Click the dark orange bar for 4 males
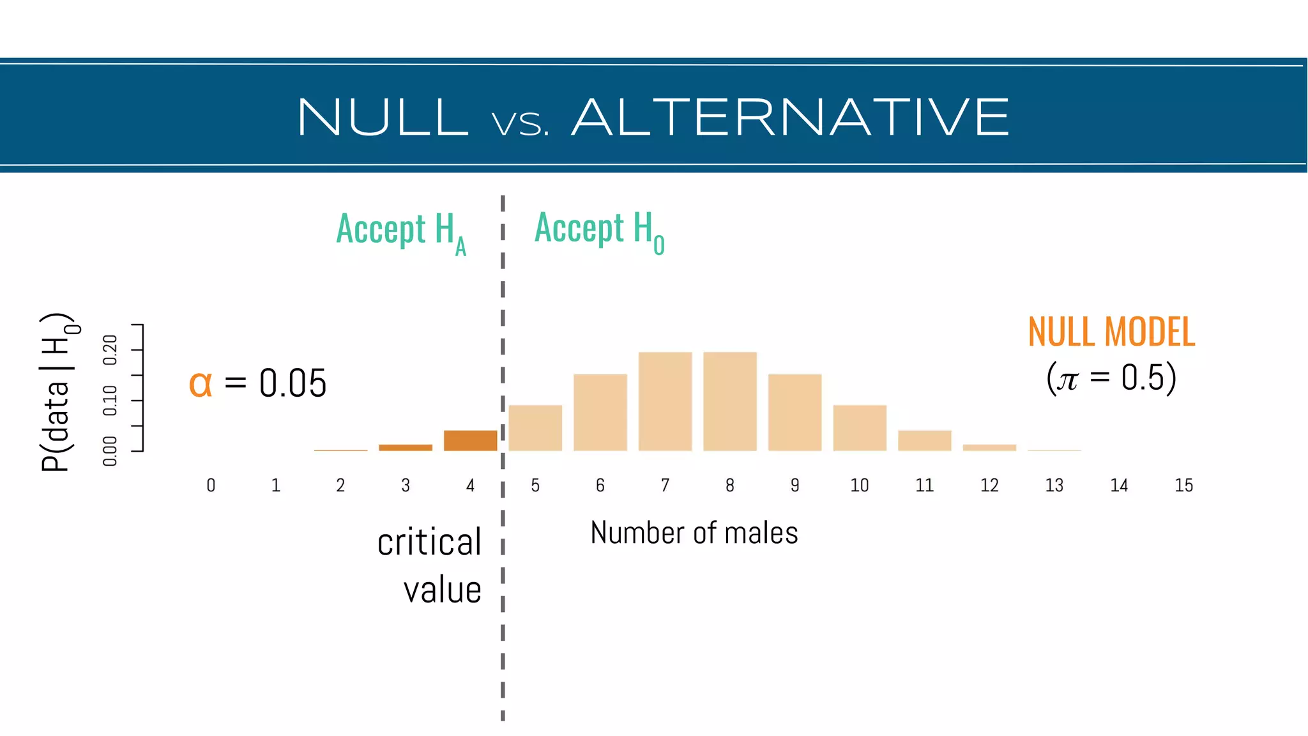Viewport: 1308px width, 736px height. pyautogui.click(x=470, y=441)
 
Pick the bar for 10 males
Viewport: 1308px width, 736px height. pyautogui.click(x=860, y=428)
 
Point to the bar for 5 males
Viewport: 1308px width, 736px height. pyautogui.click(x=535, y=428)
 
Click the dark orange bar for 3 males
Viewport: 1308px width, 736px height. pyautogui.click(x=406, y=447)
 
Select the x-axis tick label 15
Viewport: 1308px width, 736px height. pyautogui.click(x=1183, y=486)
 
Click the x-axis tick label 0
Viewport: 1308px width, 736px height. pyautogui.click(x=211, y=486)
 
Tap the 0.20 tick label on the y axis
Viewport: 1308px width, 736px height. pyautogui.click(x=110, y=349)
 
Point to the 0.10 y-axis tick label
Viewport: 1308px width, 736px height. pyautogui.click(x=110, y=401)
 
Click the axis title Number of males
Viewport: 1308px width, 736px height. pyautogui.click(x=694, y=533)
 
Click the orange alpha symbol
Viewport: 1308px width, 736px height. pyautogui.click(x=201, y=384)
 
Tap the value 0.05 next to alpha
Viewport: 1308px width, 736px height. pyautogui.click(x=293, y=384)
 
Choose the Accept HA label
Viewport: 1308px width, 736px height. pyautogui.click(x=401, y=231)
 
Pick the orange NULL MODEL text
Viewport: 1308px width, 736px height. pyautogui.click(x=1111, y=332)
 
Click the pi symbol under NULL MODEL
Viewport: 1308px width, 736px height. pyautogui.click(x=1067, y=379)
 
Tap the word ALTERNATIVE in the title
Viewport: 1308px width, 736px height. pyautogui.click(x=791, y=118)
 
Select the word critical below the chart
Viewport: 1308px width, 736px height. pyautogui.click(x=429, y=542)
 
